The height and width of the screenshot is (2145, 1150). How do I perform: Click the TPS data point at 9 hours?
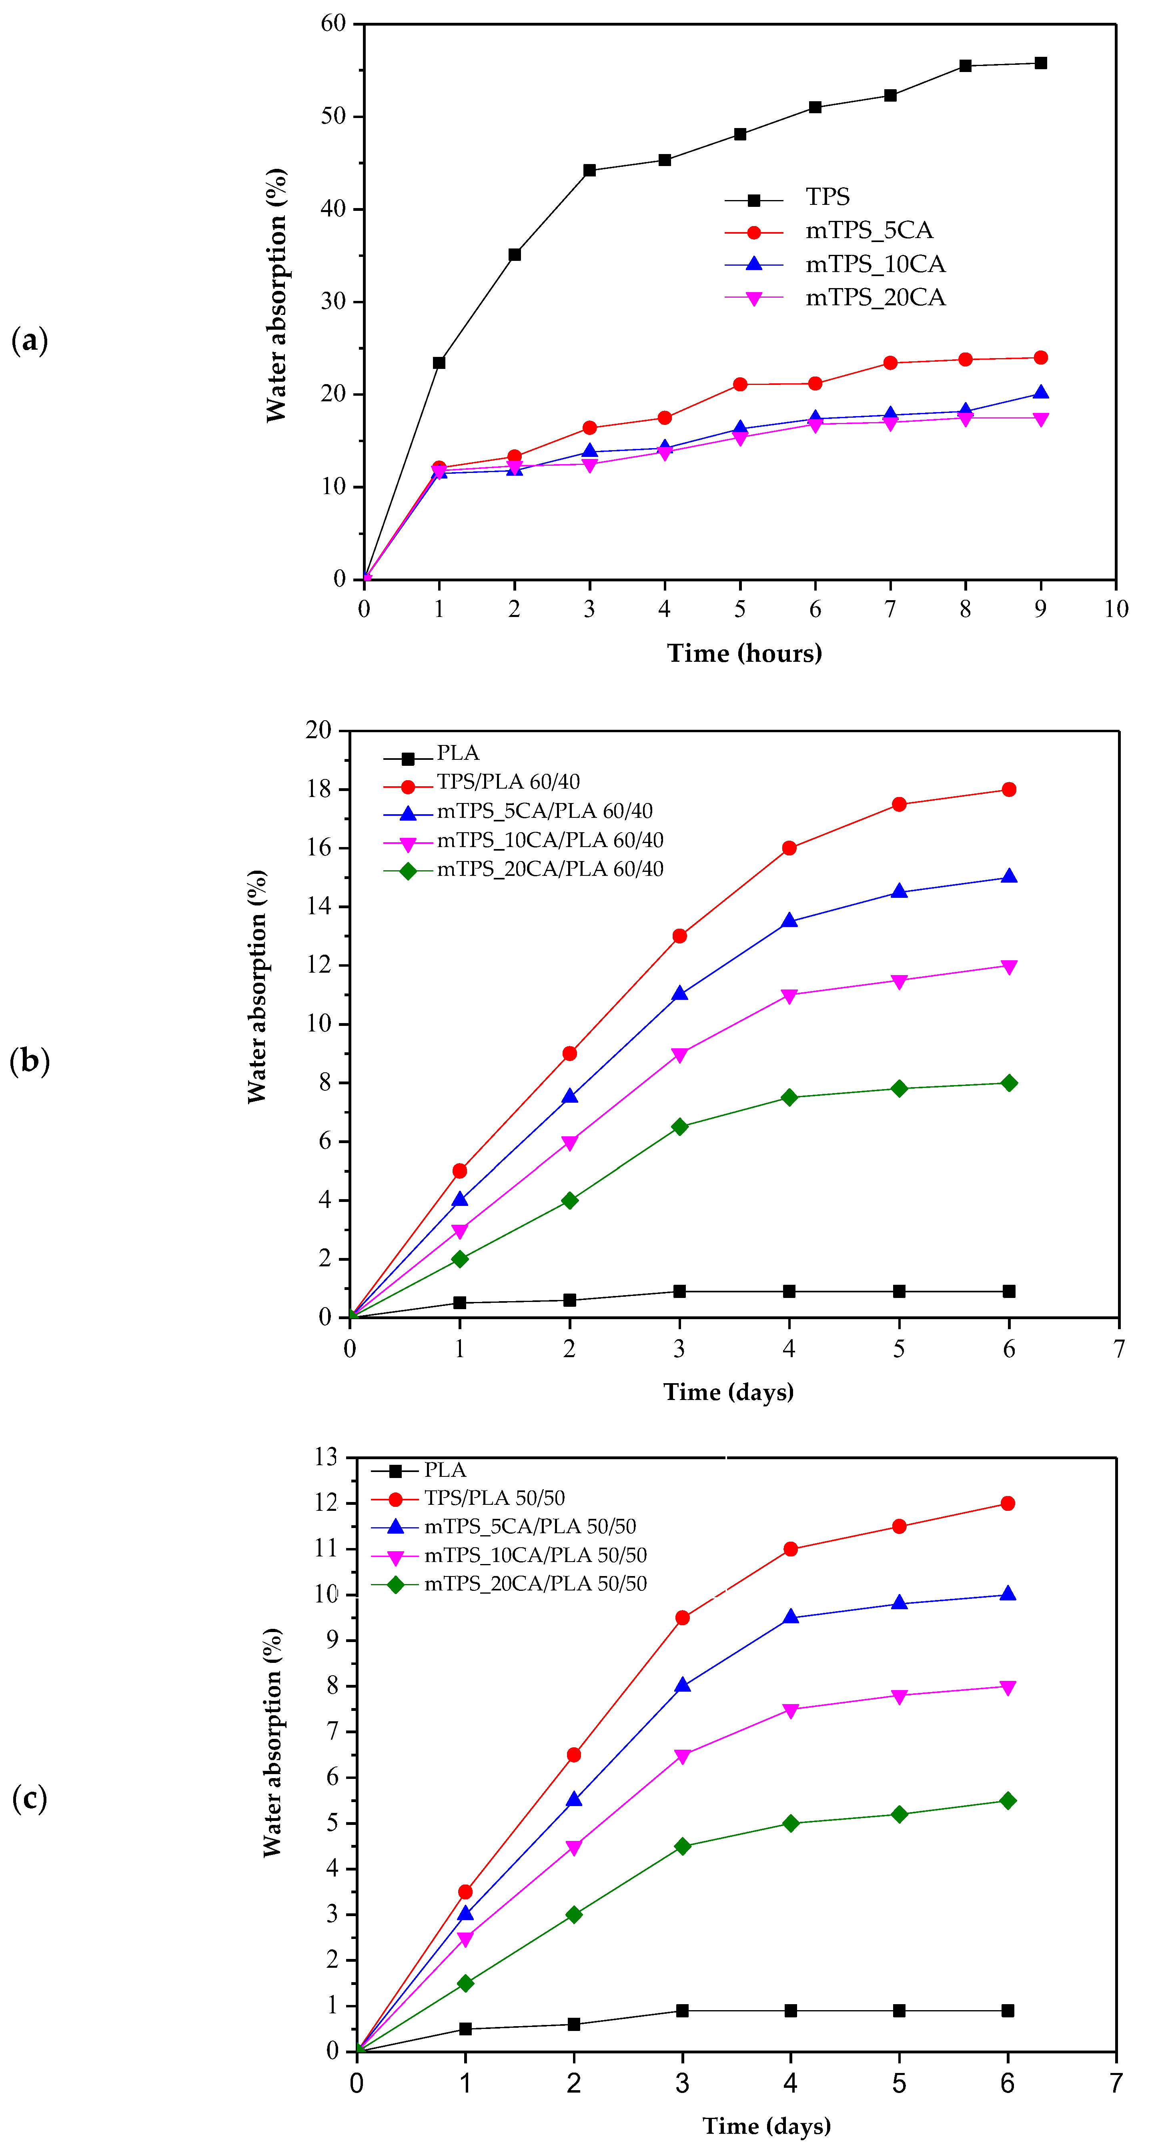(1040, 63)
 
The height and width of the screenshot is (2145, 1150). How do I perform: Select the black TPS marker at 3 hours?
(589, 171)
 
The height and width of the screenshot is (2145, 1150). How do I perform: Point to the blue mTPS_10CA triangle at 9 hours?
(1040, 393)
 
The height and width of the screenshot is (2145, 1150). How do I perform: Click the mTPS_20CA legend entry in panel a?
(874, 298)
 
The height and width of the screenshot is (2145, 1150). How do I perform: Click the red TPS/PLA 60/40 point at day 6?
(1008, 789)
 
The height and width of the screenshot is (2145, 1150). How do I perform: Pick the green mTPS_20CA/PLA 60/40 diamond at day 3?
(679, 1127)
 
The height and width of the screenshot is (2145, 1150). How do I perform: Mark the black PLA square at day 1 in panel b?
(460, 1302)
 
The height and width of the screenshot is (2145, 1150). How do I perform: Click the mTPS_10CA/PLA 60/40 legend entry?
(550, 840)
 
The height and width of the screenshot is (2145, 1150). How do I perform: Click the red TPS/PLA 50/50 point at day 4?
(790, 1549)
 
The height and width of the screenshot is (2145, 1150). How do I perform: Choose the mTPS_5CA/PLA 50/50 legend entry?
(530, 1526)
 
